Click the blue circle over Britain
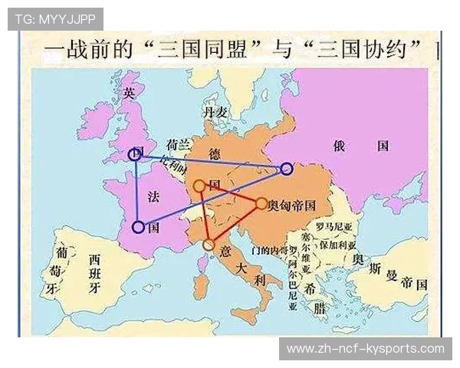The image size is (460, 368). pos(135,155)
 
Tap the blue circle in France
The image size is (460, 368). pos(138,227)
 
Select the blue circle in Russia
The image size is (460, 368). pos(286,169)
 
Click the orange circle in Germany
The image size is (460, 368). pos(199,186)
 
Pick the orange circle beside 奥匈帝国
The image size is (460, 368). pos(261,204)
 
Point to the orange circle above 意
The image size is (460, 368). pos(209,245)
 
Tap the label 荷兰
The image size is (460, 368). pos(178,143)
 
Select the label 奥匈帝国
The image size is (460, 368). pos(292,205)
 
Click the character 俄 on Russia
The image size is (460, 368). pos(340,146)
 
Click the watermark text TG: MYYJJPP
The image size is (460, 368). pos(54,19)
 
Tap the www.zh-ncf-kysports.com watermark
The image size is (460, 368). pos(365,349)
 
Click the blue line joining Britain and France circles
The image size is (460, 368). pos(136,192)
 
